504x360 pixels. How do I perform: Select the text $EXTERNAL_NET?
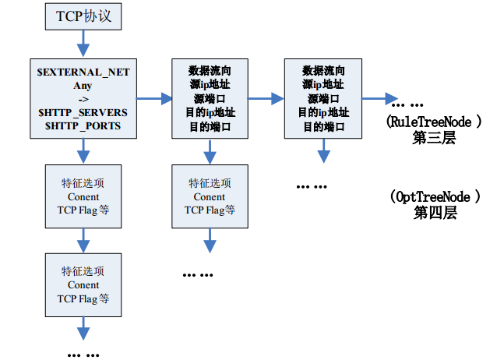[83, 72]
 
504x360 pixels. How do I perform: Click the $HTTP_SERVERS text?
[83, 112]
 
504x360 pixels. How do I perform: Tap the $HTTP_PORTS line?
[83, 125]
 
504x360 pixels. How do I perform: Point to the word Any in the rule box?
[83, 85]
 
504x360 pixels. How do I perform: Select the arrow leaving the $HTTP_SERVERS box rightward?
[154, 99]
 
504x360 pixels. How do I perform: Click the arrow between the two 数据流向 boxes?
[265, 99]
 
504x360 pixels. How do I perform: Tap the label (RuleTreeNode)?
[435, 122]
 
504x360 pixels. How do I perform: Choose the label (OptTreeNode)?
[433, 196]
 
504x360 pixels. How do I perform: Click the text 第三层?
[434, 138]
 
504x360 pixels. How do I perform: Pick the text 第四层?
[434, 213]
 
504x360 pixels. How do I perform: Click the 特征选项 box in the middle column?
[209, 196]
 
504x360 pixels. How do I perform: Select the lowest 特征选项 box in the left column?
[83, 285]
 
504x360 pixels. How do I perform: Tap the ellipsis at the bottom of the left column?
[83, 353]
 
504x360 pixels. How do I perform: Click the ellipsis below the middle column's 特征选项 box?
[198, 274]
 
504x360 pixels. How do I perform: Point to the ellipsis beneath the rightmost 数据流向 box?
[312, 186]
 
